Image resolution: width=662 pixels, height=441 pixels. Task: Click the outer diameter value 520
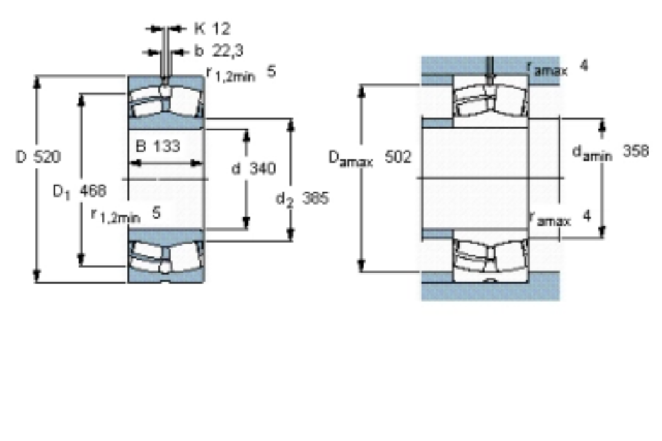(x=47, y=157)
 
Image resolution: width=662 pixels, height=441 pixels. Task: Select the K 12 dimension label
(x=212, y=29)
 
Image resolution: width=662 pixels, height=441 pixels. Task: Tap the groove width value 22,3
(x=228, y=51)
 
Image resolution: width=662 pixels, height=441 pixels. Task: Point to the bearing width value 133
(x=166, y=146)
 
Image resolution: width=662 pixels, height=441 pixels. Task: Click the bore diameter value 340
(x=262, y=168)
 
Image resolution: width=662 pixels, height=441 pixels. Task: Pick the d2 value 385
(x=315, y=197)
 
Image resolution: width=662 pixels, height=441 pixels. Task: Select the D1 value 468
(x=93, y=191)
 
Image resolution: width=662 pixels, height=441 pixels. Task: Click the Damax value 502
(x=397, y=157)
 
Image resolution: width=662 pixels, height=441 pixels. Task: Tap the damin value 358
(x=636, y=151)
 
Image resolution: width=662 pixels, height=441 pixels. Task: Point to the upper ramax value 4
(x=584, y=66)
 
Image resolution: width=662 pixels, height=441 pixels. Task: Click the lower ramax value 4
(x=586, y=216)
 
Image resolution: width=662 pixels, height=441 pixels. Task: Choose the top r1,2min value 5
(x=272, y=71)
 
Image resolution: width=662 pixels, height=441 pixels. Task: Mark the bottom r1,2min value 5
(x=156, y=213)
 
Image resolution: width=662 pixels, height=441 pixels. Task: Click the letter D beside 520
(x=21, y=157)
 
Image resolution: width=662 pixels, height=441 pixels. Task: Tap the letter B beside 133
(x=141, y=146)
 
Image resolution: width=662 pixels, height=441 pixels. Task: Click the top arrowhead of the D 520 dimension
(x=38, y=83)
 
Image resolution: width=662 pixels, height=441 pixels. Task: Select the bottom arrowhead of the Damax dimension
(x=361, y=265)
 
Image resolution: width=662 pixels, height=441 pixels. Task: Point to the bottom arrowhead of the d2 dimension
(x=291, y=234)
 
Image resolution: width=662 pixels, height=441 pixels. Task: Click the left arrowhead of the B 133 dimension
(x=135, y=163)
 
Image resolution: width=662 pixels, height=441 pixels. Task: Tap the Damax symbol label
(x=351, y=158)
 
